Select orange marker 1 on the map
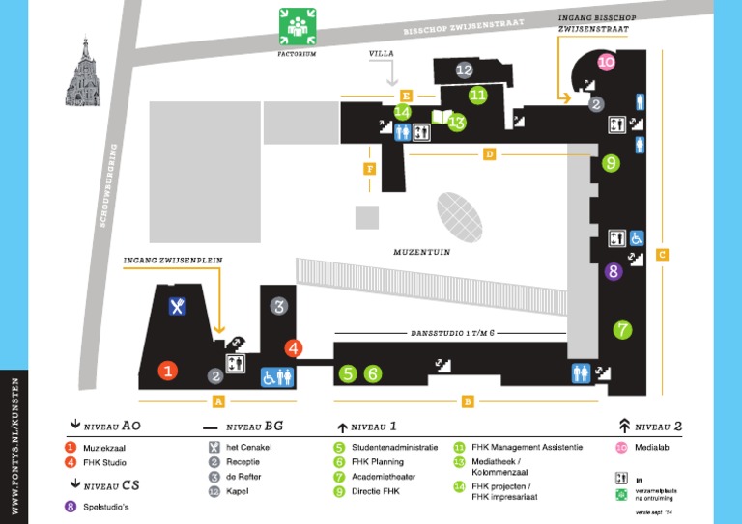pyautogui.click(x=168, y=370)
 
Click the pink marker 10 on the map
pyautogui.click(x=606, y=62)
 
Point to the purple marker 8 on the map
pyautogui.click(x=613, y=272)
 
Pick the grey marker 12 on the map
pyautogui.click(x=464, y=69)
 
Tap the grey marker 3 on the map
pyautogui.click(x=279, y=307)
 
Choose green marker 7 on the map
pyautogui.click(x=622, y=329)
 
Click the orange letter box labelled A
pyautogui.click(x=218, y=401)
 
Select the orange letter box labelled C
pyautogui.click(x=662, y=255)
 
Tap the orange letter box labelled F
pyautogui.click(x=369, y=170)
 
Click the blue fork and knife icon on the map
pyautogui.click(x=178, y=307)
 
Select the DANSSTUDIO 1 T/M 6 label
pyautogui.click(x=452, y=333)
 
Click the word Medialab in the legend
pyautogui.click(x=653, y=447)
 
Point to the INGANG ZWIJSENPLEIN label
pyautogui.click(x=168, y=262)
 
